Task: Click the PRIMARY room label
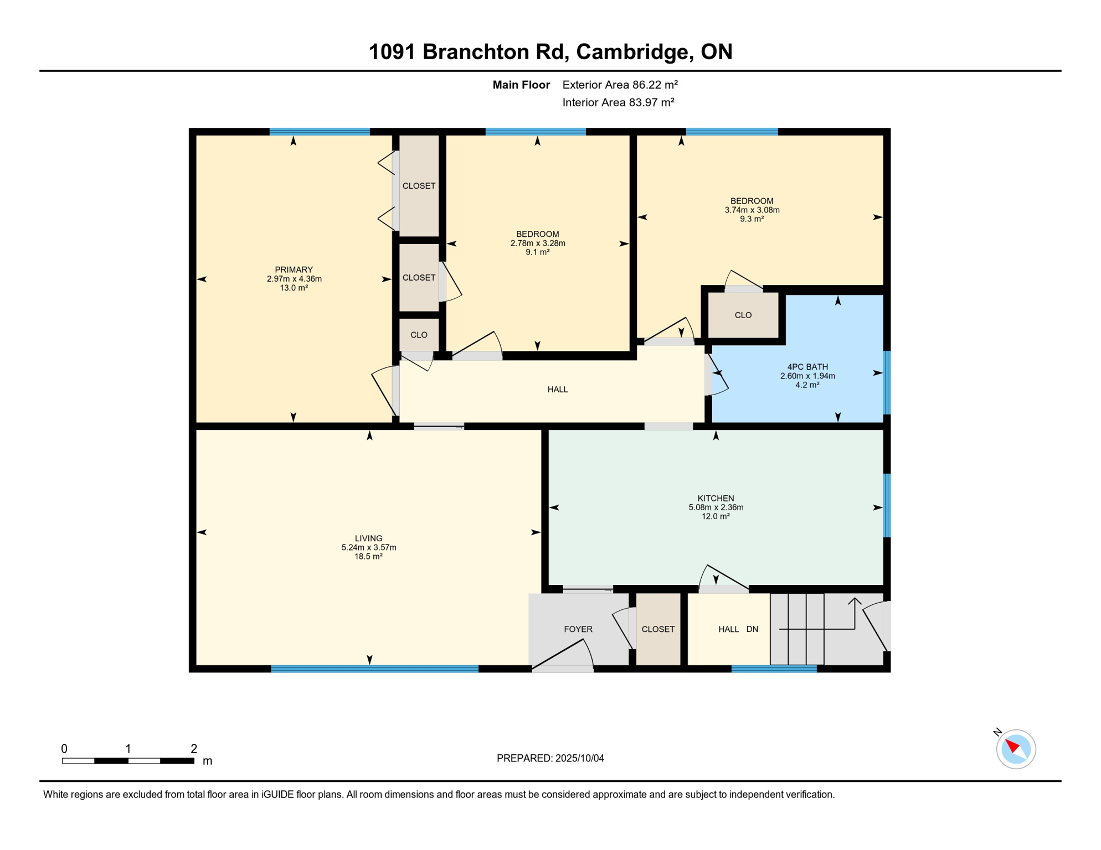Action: [294, 270]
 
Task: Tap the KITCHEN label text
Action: [716, 498]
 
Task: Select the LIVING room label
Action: [368, 538]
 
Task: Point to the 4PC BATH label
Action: [807, 367]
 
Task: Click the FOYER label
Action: [578, 629]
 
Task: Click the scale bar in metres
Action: [128, 761]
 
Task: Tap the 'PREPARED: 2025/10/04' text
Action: [550, 758]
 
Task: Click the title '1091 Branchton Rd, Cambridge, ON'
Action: [550, 51]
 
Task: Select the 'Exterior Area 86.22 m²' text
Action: [620, 85]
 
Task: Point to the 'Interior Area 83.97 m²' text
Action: [618, 102]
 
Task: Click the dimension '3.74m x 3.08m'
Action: [752, 210]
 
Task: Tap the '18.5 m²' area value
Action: [368, 557]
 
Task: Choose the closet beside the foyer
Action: [658, 629]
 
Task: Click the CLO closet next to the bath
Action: [743, 315]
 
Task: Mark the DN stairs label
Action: [752, 629]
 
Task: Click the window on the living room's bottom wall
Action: [374, 669]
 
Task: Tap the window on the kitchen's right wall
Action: [886, 505]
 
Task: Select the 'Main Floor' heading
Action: [521, 85]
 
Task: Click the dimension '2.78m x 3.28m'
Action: [537, 243]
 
